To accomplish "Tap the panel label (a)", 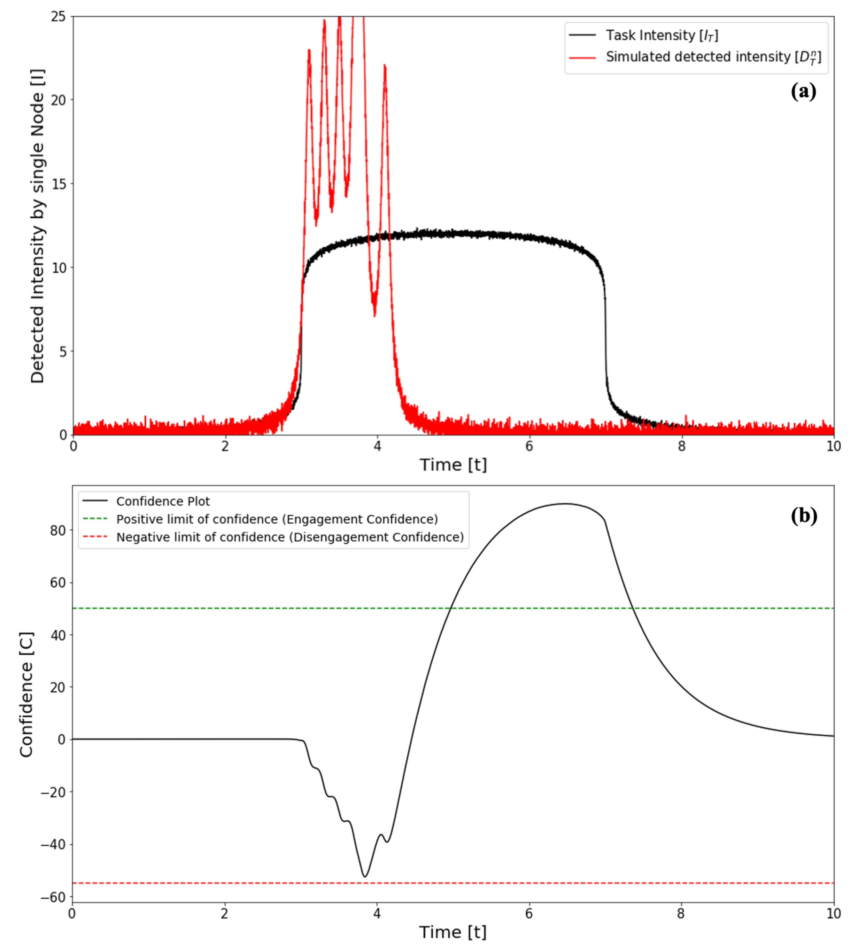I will pyautogui.click(x=803, y=91).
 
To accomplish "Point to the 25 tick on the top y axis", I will pyautogui.click(x=59, y=17).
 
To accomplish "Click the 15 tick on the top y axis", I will pyautogui.click(x=59, y=184).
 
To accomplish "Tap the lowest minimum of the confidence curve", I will pyautogui.click(x=365, y=876).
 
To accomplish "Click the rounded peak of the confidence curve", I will pyautogui.click(x=566, y=504).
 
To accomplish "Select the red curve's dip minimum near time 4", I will pyautogui.click(x=374, y=315).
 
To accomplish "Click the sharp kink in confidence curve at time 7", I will pyautogui.click(x=605, y=520).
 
